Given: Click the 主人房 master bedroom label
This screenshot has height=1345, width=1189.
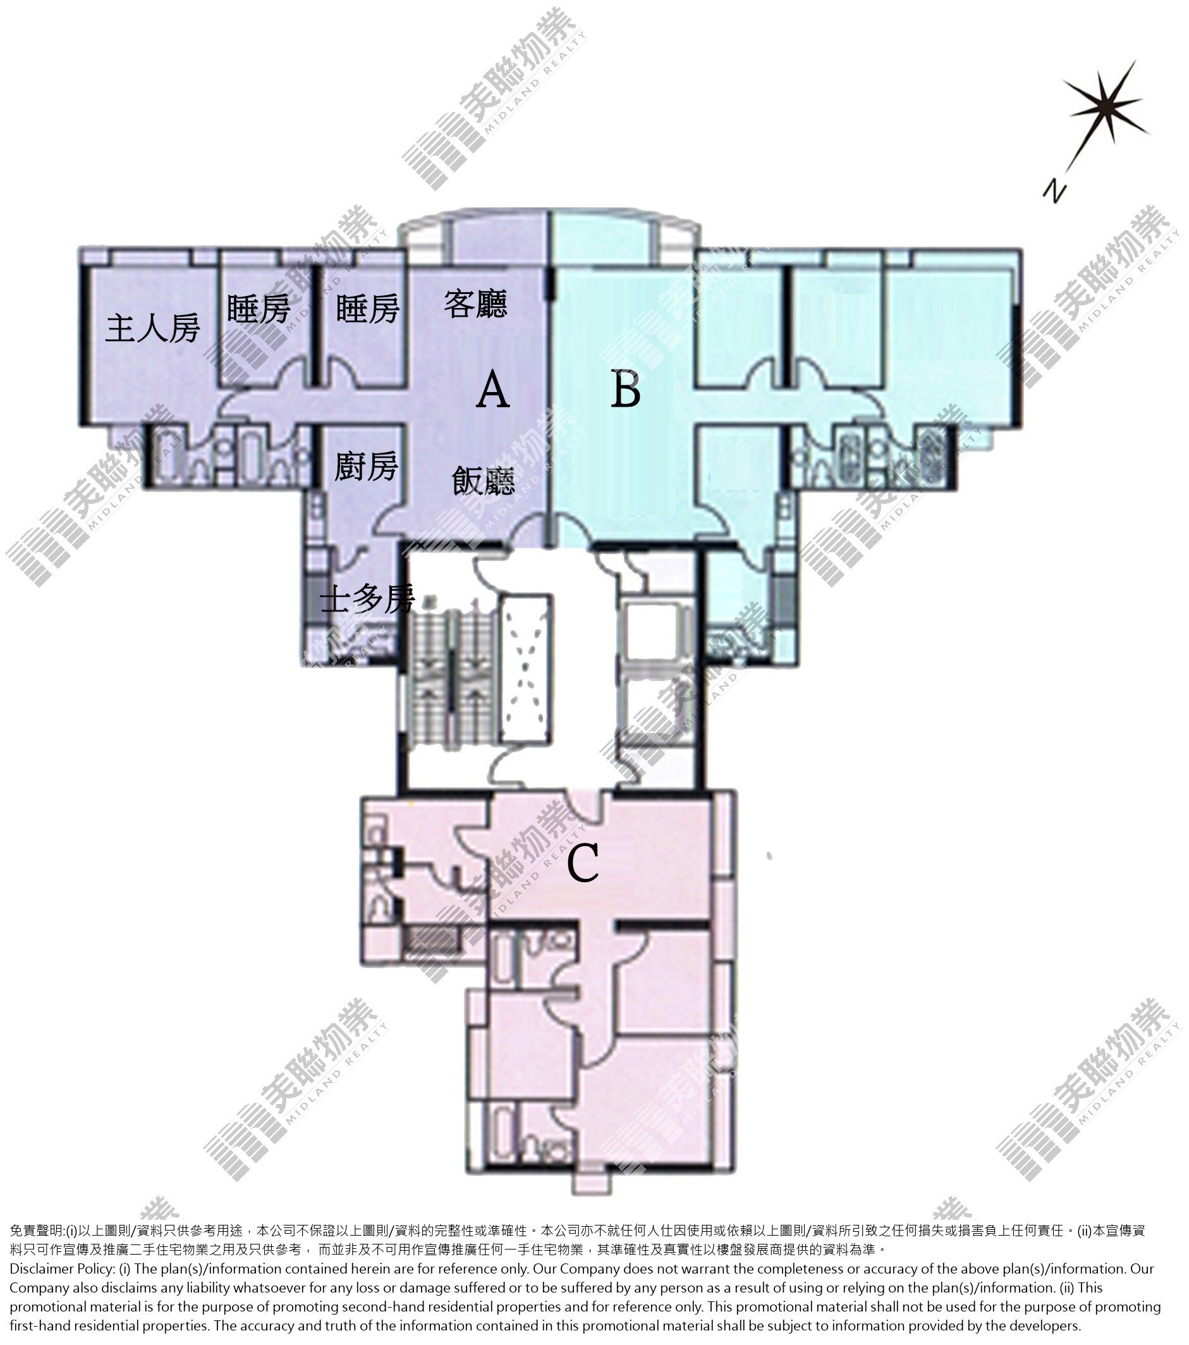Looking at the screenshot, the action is [152, 328].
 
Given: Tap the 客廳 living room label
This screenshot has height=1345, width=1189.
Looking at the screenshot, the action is [475, 304].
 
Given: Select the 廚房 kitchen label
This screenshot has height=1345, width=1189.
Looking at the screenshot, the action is [366, 466].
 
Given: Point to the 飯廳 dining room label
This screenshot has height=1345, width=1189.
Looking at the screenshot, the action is [484, 481].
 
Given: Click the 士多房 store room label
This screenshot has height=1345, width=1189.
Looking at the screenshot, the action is [368, 598].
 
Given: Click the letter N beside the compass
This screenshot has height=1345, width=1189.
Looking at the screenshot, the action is [1054, 190].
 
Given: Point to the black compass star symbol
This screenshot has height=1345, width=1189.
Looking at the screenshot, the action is [1107, 105].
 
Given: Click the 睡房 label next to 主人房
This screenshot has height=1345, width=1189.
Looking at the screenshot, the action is [259, 308].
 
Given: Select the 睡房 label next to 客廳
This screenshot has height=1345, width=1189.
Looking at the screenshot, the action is [368, 308].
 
